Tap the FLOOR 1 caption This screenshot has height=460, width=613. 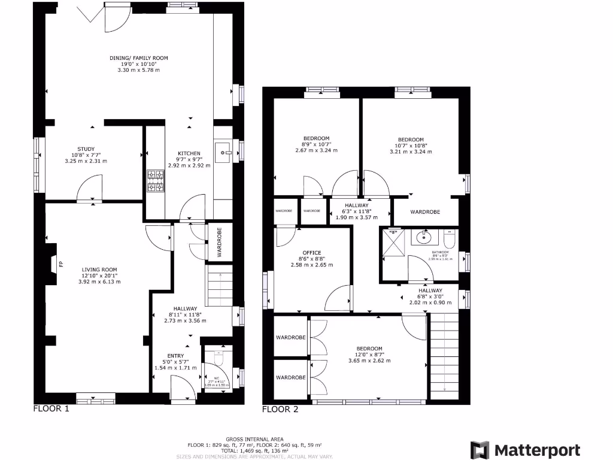point(51,409)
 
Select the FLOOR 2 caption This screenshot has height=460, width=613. point(280,410)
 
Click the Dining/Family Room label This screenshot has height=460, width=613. point(138,58)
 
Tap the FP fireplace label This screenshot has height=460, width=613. point(60,263)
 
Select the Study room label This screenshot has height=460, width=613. point(86,149)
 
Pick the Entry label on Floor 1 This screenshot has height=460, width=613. point(175,356)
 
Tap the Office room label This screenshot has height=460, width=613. point(311,253)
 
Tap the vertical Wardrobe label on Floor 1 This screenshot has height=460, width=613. point(219,243)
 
